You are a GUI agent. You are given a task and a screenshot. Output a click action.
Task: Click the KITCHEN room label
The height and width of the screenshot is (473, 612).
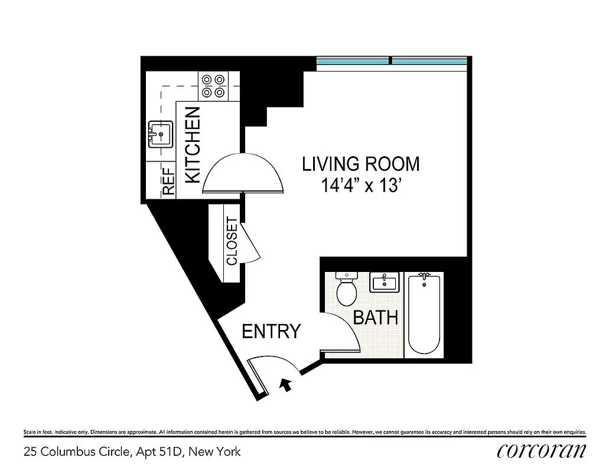tap(193, 145)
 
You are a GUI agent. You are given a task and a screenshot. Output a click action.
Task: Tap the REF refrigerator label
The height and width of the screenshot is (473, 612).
tap(169, 182)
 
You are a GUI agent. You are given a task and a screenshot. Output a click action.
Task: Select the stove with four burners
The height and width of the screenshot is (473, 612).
tap(213, 86)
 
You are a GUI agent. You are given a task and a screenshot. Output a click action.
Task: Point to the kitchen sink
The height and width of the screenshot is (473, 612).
tap(160, 134)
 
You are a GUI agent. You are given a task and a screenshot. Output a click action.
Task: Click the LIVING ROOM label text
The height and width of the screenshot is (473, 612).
tap(360, 164)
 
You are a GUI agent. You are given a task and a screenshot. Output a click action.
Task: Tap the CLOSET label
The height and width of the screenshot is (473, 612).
tap(232, 241)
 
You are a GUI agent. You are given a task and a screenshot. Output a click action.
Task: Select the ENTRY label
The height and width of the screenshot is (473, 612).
tap(271, 332)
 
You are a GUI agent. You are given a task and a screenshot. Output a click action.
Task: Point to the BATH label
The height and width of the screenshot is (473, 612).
tap(375, 318)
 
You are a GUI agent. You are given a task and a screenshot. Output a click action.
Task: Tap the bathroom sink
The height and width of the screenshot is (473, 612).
tap(385, 282)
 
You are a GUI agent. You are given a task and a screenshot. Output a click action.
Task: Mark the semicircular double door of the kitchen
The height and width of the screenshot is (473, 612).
tap(243, 174)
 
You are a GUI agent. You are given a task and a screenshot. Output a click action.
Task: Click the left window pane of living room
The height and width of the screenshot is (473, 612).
tap(353, 61)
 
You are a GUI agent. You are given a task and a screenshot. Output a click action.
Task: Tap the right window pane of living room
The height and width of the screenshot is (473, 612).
tap(429, 61)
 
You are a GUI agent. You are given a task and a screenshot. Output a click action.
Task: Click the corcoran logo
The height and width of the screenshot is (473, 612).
tap(542, 451)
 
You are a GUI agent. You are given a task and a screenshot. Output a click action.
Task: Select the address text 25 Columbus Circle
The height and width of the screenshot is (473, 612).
tap(132, 452)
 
